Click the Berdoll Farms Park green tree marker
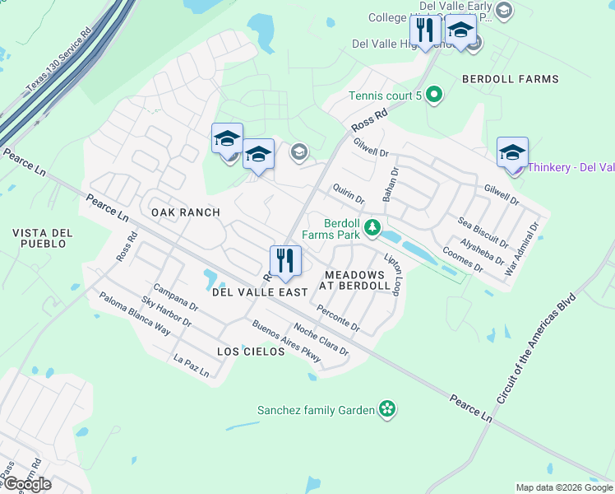tap(372, 226)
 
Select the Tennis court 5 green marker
tap(435, 96)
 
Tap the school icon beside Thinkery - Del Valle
tap(512, 152)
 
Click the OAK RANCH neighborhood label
tap(186, 212)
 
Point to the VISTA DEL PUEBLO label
tap(43, 239)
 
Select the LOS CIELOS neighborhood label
tap(250, 352)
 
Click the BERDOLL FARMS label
tap(510, 79)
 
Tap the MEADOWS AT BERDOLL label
tap(357, 280)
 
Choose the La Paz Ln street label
tap(192, 366)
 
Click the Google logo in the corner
tap(26, 484)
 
